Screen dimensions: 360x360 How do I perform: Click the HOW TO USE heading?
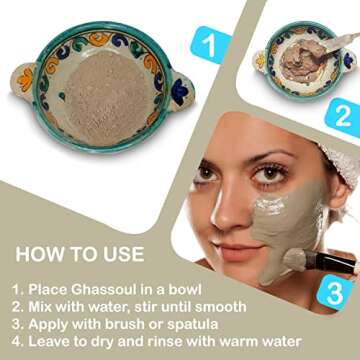(x=79, y=254)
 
